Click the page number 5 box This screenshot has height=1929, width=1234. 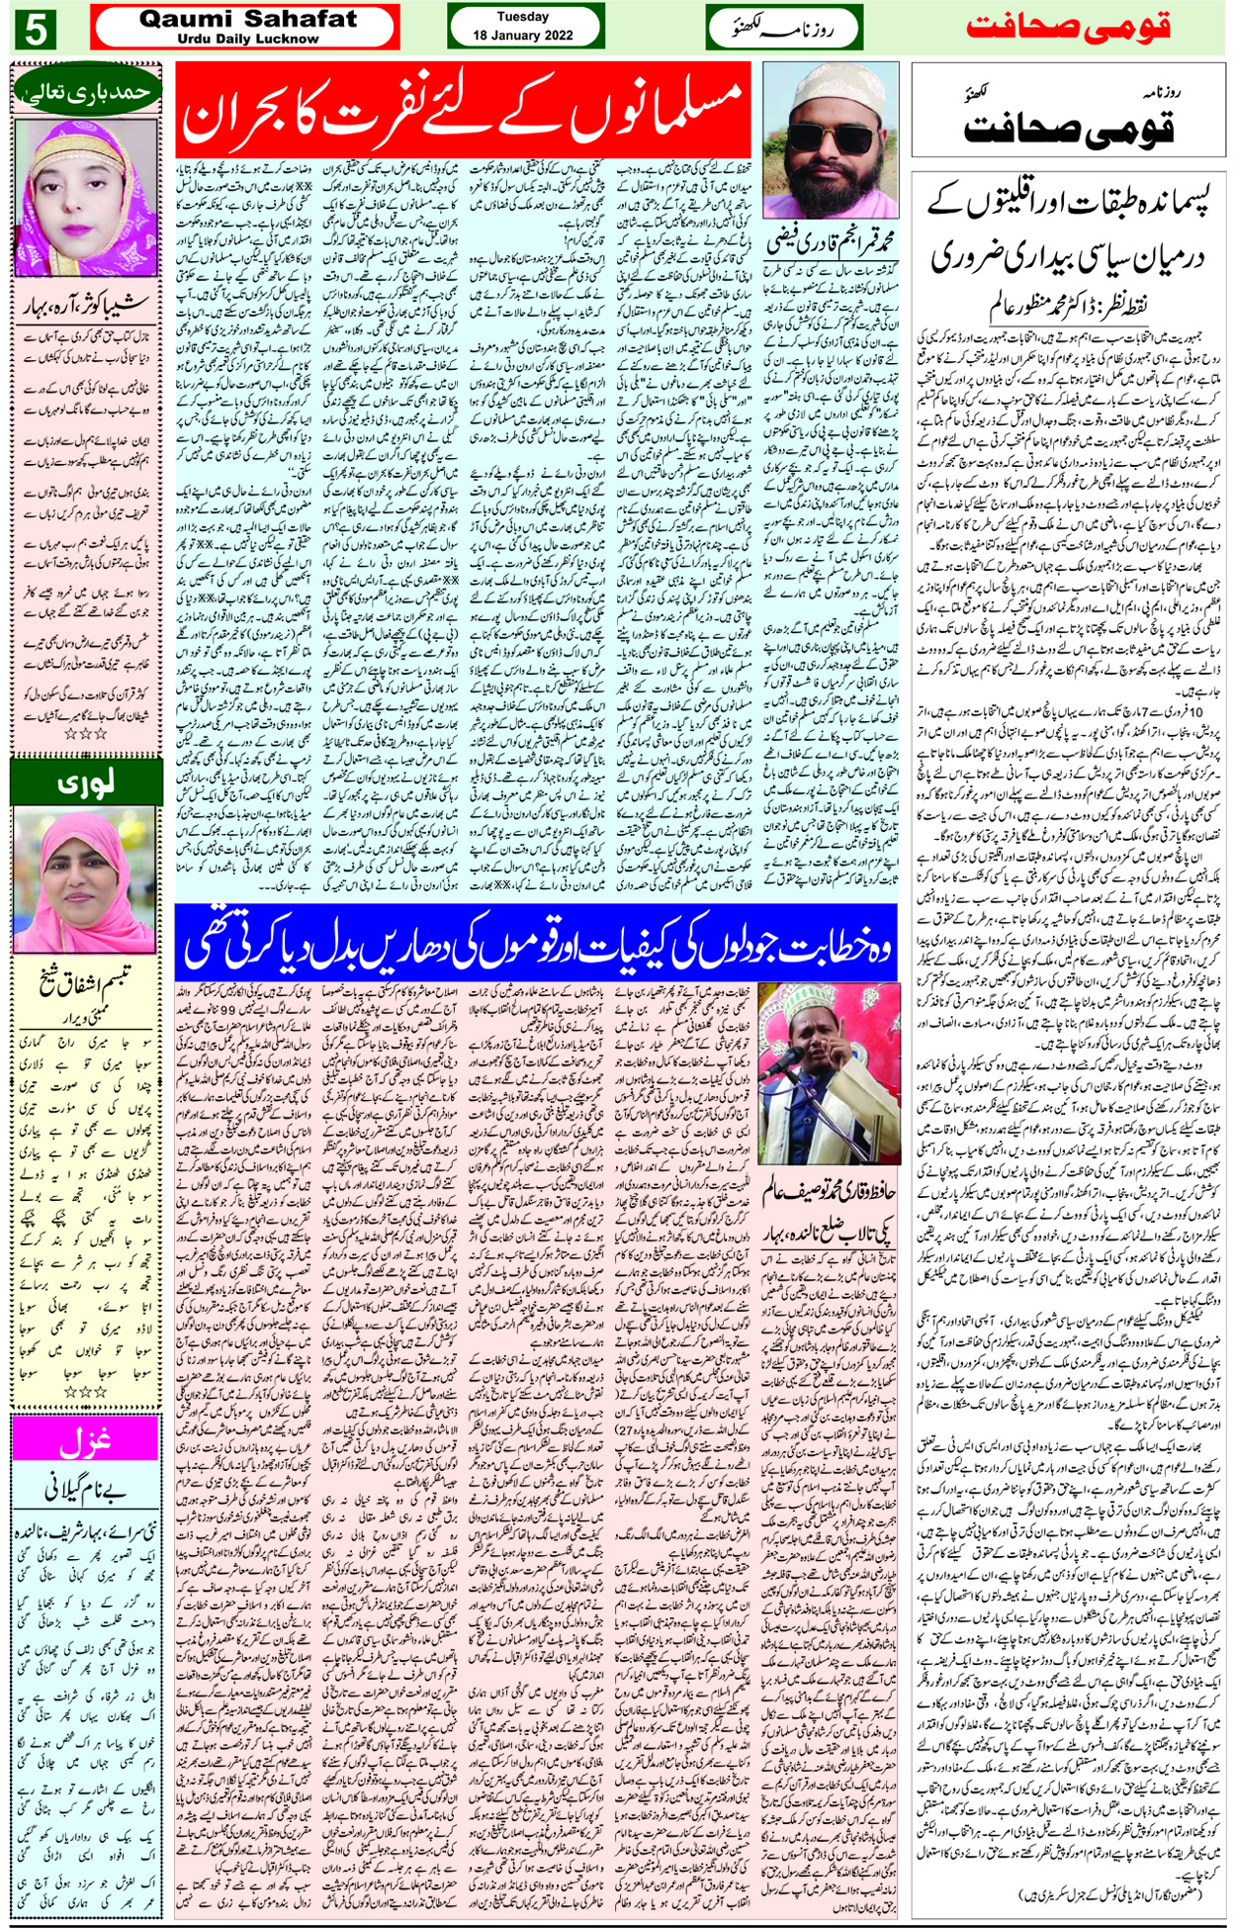(36, 30)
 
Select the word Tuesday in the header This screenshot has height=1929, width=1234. (523, 17)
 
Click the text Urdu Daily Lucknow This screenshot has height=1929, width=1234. (247, 39)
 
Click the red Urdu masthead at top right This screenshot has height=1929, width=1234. (1069, 27)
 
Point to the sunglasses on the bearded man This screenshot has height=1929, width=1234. (830, 136)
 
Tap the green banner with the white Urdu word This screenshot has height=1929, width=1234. (85, 782)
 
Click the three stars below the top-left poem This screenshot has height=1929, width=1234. (85, 735)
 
